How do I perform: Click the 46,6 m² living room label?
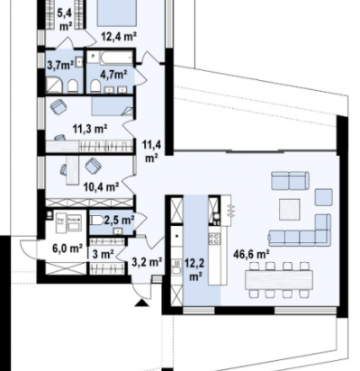[251, 255]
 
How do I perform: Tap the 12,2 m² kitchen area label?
[195, 269]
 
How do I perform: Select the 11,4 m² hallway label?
[153, 151]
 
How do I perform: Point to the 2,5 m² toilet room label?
[119, 221]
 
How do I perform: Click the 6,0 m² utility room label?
[67, 249]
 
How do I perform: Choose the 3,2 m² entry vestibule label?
[148, 262]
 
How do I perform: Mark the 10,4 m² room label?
[101, 187]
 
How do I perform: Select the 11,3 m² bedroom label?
[90, 129]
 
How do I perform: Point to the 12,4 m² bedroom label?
[119, 37]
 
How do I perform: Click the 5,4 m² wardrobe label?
[66, 20]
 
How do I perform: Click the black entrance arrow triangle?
[142, 303]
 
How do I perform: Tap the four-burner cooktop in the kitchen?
[214, 239]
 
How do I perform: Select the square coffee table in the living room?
[290, 209]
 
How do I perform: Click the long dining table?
[279, 280]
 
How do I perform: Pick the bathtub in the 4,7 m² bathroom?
[116, 58]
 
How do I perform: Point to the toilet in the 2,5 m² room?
[96, 221]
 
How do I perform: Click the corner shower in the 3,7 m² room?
[54, 85]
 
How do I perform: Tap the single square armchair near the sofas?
[324, 197]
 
